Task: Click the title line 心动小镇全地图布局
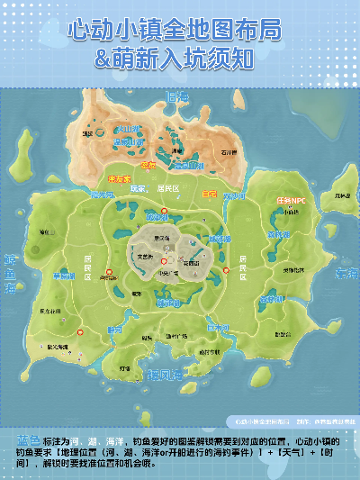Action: [180, 30]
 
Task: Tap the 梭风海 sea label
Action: [165, 373]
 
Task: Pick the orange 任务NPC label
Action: [290, 200]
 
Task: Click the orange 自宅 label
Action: [209, 194]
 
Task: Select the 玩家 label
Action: [138, 189]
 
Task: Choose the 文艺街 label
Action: [142, 257]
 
